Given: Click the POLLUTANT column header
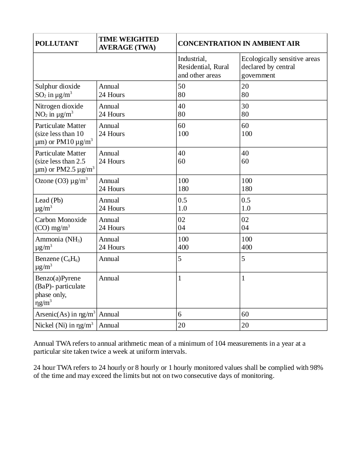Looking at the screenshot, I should click(x=57, y=43).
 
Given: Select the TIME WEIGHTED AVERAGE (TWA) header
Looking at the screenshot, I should click(x=129, y=43).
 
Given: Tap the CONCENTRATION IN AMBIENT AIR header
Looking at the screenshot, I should click(x=239, y=43).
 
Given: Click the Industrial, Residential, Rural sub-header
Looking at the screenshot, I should click(x=203, y=67).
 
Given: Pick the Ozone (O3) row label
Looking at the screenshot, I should click(x=61, y=180).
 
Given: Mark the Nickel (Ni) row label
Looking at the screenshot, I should click(x=64, y=325).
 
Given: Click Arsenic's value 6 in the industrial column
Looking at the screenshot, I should click(x=180, y=314).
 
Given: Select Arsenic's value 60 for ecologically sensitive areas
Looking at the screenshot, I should click(x=245, y=314).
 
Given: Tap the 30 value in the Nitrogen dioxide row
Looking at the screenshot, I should click(x=245, y=106).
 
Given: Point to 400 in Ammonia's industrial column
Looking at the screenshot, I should click(x=183, y=247).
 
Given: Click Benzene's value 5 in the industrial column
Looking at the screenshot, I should click(x=180, y=259).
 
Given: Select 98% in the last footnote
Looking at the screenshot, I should click(x=316, y=368).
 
